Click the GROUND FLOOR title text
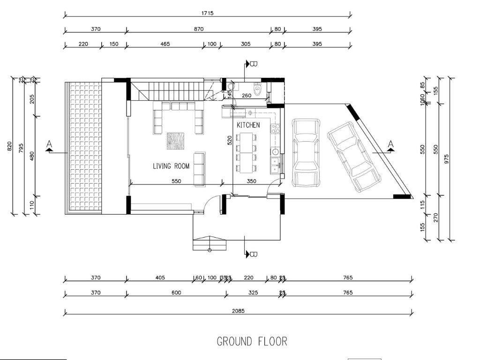click(252, 341)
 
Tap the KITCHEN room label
click(248, 125)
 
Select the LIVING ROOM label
click(171, 166)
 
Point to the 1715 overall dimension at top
click(207, 13)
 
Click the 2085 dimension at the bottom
click(238, 311)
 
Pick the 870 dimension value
click(198, 29)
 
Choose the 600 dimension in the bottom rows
click(176, 293)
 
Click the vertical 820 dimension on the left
click(10, 146)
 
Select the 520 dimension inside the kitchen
click(230, 141)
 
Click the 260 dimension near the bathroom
click(246, 96)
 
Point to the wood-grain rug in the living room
click(175, 141)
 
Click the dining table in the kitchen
click(247, 152)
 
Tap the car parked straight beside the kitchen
click(306, 152)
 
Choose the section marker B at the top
click(254, 63)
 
